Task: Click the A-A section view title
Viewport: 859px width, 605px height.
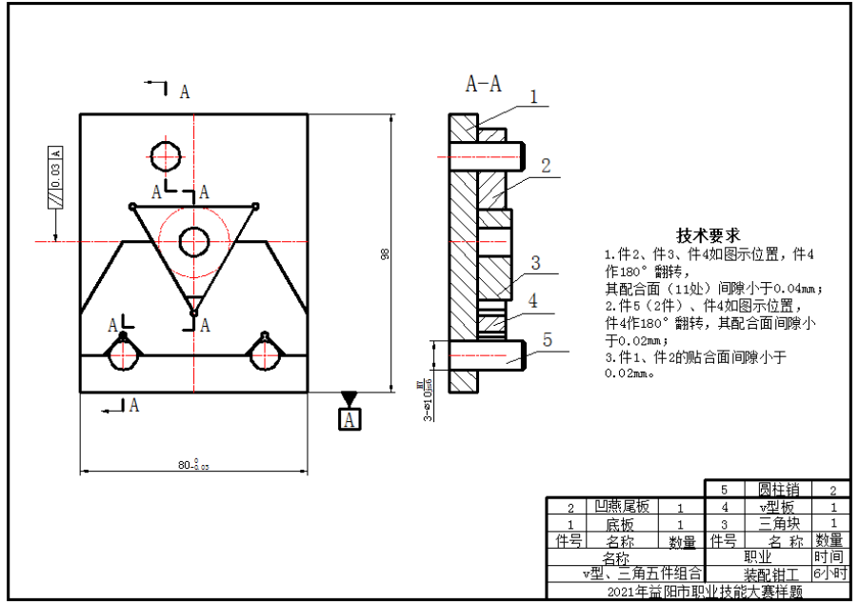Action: tap(483, 84)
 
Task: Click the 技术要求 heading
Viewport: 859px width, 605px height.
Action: tap(709, 234)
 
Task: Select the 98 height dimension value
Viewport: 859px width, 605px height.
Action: tap(384, 253)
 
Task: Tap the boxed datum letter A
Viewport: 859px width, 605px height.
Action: tap(350, 418)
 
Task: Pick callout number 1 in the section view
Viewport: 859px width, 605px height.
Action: tap(533, 96)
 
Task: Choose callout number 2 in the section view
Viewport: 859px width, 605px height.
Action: tap(546, 165)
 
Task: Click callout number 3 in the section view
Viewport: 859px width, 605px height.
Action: tap(535, 263)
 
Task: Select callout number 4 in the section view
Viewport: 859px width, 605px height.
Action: tap(533, 300)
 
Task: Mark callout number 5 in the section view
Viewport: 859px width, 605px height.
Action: tap(547, 338)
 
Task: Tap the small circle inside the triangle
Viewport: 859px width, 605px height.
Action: tap(194, 240)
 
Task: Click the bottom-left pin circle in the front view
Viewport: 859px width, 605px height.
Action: tap(123, 354)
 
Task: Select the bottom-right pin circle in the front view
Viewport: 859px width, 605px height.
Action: tap(263, 354)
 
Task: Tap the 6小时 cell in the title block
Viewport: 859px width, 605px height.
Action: tap(829, 574)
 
